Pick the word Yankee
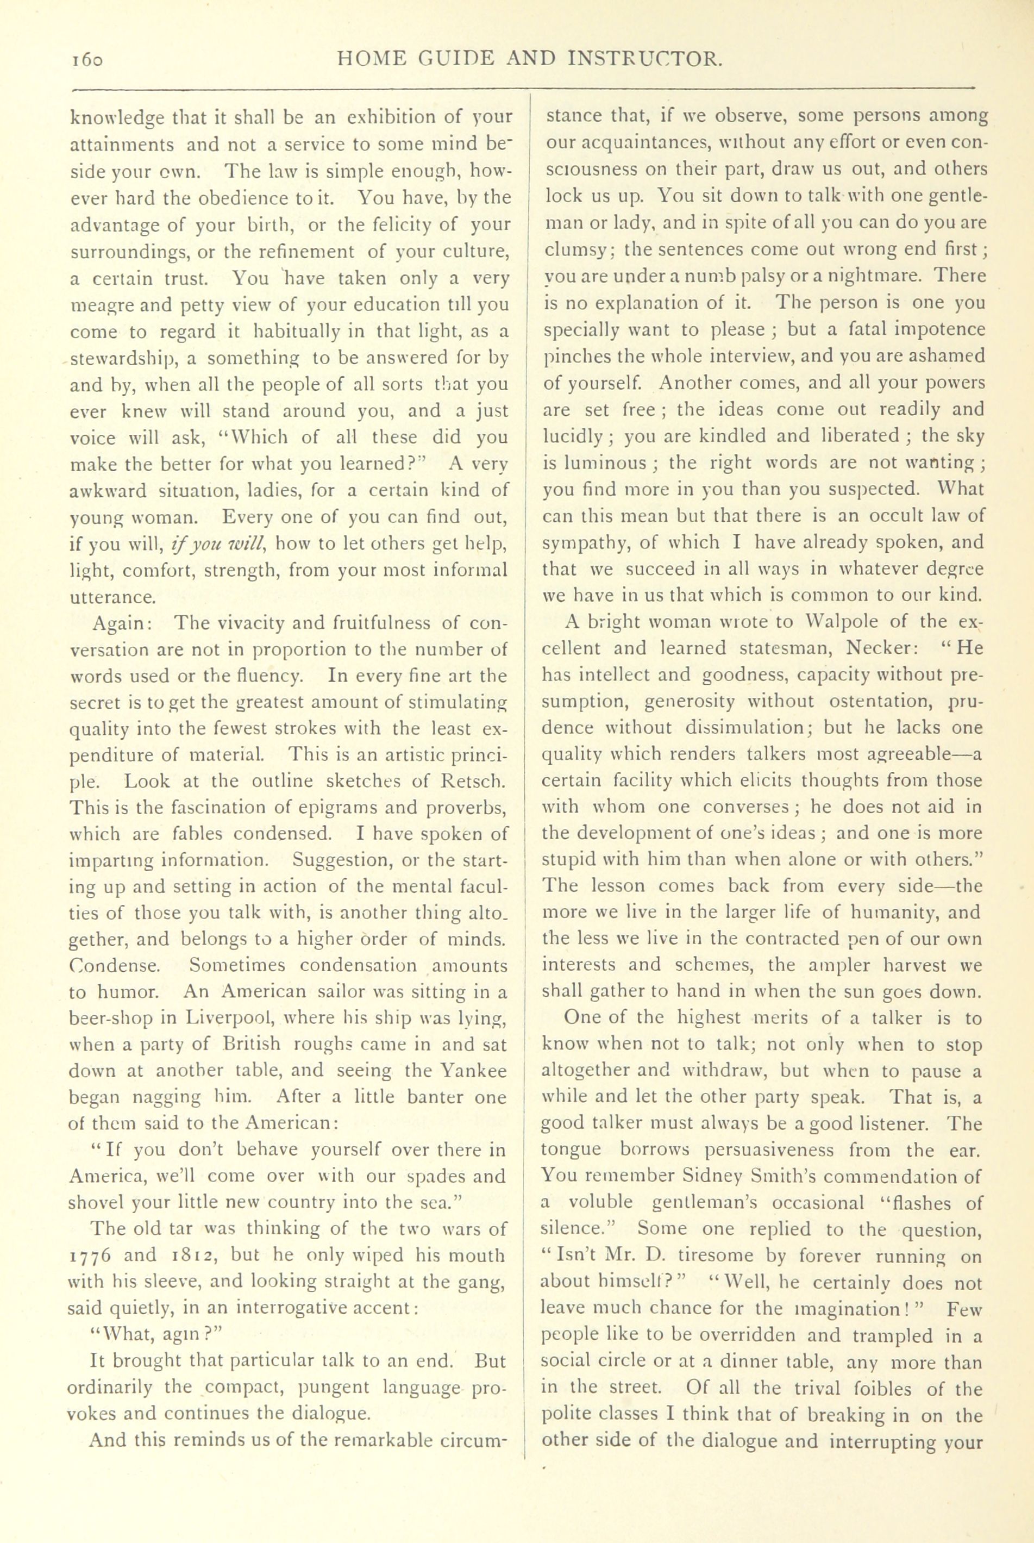pos(474,1071)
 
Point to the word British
pos(250,1044)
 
